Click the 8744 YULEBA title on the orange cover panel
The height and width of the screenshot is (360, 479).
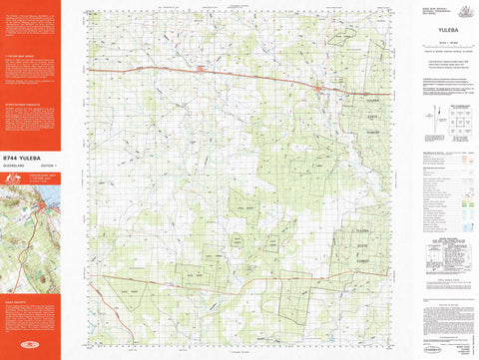pos(31,158)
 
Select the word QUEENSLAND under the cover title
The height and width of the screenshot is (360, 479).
pos(19,167)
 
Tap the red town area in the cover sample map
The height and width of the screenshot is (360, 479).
pos(41,209)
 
